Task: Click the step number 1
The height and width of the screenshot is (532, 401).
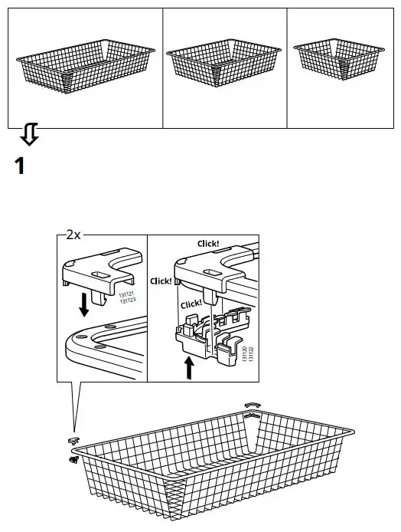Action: [x=21, y=166]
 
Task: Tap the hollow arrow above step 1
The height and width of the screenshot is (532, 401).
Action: [x=28, y=136]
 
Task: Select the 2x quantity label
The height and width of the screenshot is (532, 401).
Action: [x=73, y=235]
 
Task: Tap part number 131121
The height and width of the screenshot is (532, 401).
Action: [x=127, y=294]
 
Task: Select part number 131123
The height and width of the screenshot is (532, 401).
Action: [x=127, y=301]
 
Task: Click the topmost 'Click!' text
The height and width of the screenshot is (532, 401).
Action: [x=208, y=243]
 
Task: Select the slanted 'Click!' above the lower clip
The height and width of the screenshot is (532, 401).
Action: [x=192, y=303]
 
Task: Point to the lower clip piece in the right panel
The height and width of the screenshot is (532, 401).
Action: [x=207, y=337]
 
